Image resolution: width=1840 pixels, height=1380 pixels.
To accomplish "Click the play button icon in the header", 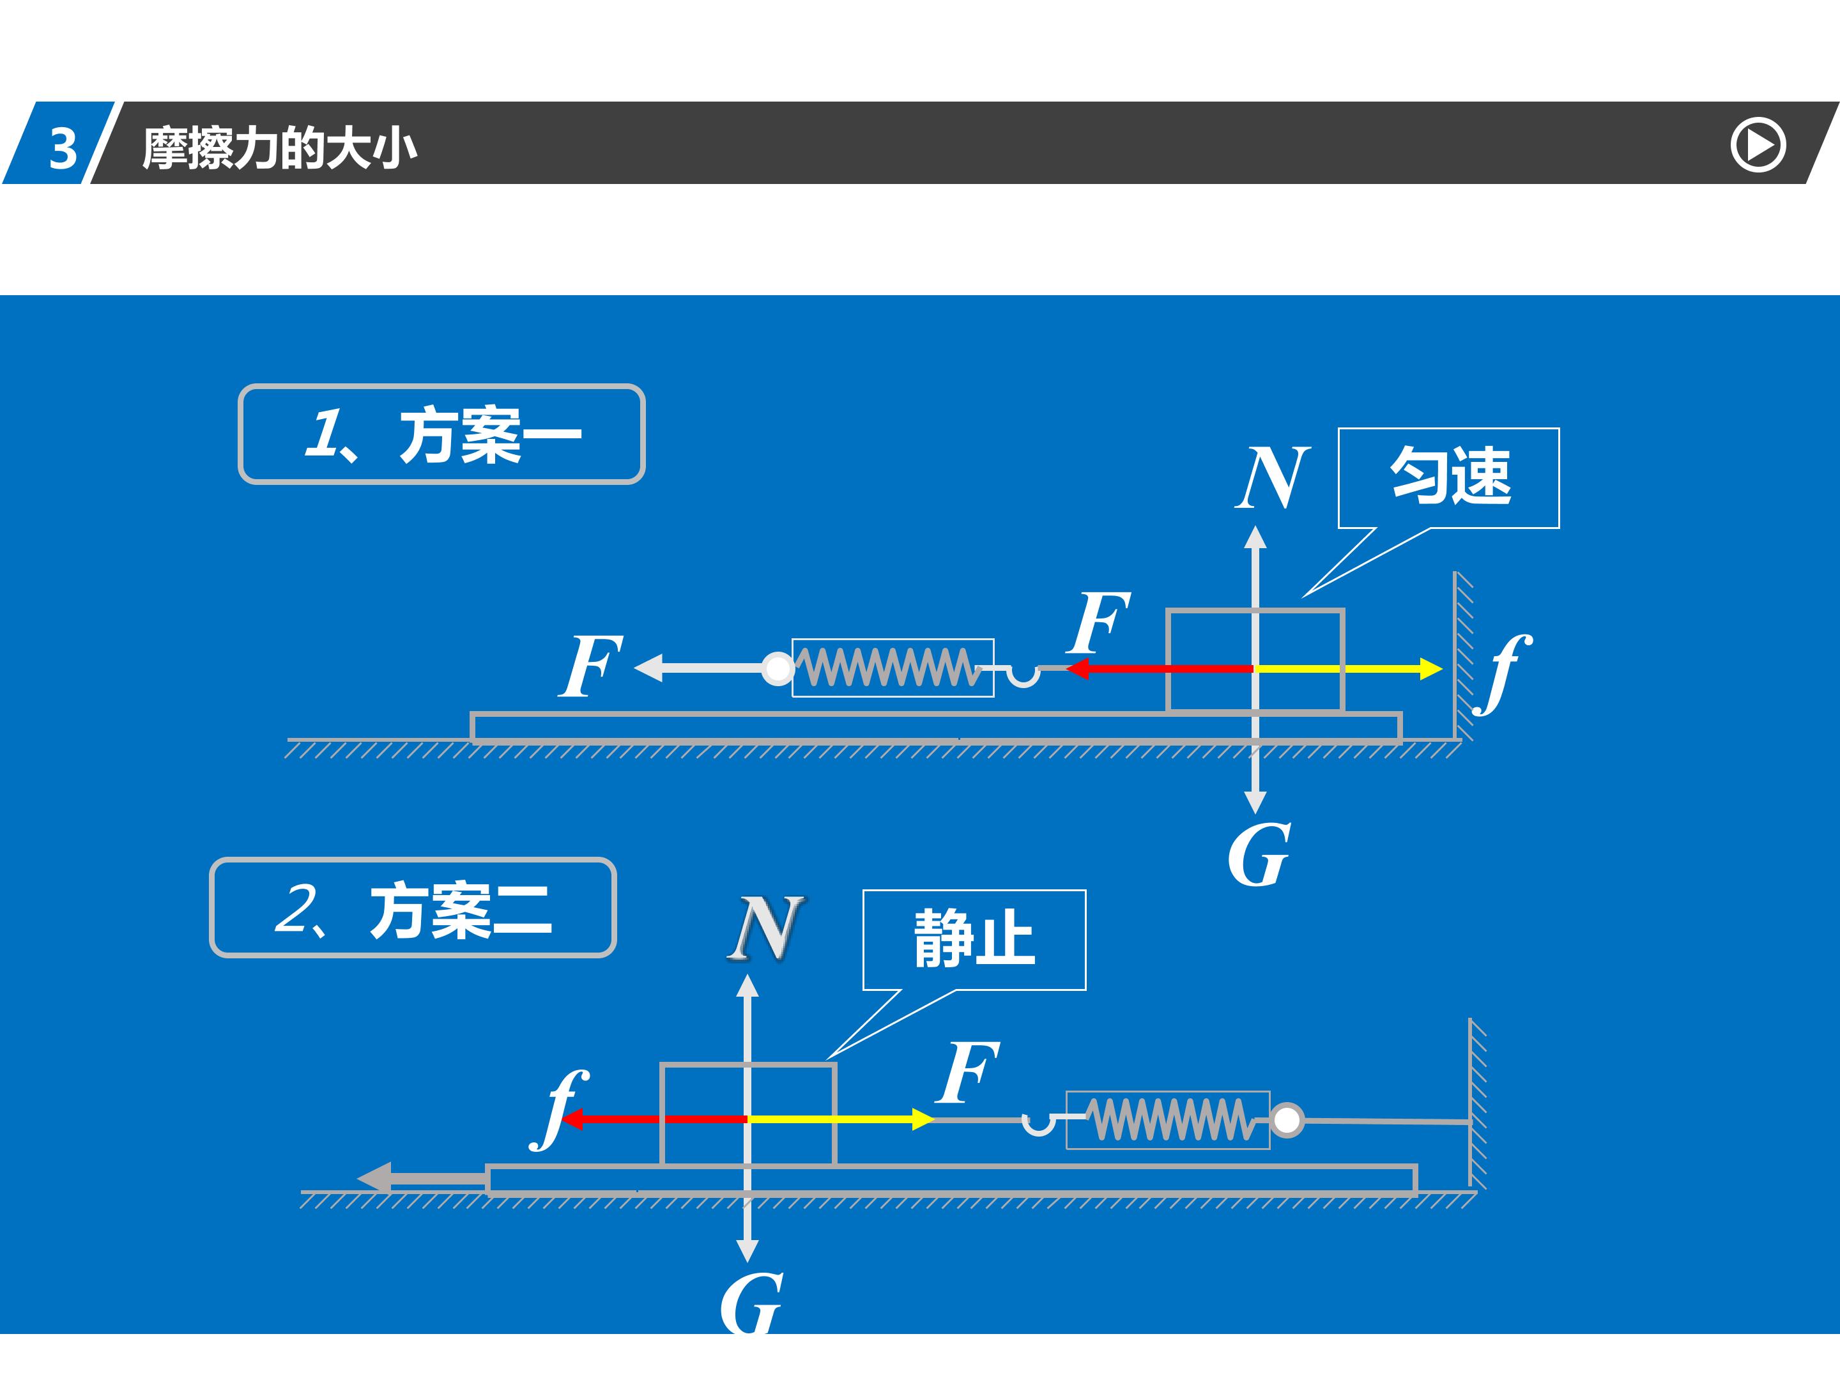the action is tap(1758, 146).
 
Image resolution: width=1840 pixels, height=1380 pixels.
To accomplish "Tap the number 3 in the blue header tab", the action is tap(63, 149).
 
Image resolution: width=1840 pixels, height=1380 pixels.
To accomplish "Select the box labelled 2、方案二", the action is tap(413, 907).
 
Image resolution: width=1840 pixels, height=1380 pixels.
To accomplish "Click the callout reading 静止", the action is tap(974, 939).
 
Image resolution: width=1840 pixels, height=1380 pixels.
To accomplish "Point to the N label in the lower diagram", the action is tap(766, 928).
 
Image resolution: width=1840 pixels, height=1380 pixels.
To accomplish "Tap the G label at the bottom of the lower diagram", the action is tap(751, 1303).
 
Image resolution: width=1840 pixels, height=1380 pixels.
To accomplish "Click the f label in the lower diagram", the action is tap(559, 1109).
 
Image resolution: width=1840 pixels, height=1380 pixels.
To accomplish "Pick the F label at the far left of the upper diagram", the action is tap(590, 666).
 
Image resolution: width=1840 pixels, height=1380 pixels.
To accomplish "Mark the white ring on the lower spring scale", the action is tap(1287, 1121).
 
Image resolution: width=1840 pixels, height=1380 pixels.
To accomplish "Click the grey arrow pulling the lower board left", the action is tap(422, 1179).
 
